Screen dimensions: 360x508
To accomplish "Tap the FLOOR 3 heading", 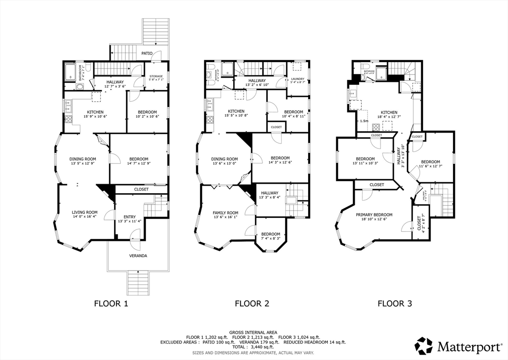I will [x=394, y=303].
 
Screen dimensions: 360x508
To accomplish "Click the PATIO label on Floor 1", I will [x=146, y=53].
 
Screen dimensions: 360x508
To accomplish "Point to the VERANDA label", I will [x=138, y=256].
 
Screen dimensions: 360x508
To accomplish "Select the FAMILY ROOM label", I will [x=226, y=213].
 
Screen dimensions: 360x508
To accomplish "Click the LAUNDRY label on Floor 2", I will [x=298, y=78].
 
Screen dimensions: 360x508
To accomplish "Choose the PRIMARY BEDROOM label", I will [x=374, y=215].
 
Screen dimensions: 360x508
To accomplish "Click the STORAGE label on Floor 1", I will [x=156, y=76].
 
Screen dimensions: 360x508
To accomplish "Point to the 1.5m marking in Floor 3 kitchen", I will [x=364, y=121].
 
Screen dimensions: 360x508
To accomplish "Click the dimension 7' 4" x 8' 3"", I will [x=271, y=238].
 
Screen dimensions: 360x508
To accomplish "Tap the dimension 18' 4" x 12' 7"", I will [x=389, y=117].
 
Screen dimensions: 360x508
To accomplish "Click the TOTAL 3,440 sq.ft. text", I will [x=254, y=347].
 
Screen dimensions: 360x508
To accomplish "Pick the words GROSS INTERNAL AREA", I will [x=254, y=332].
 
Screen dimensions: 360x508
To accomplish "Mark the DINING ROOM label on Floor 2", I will [x=225, y=159].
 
